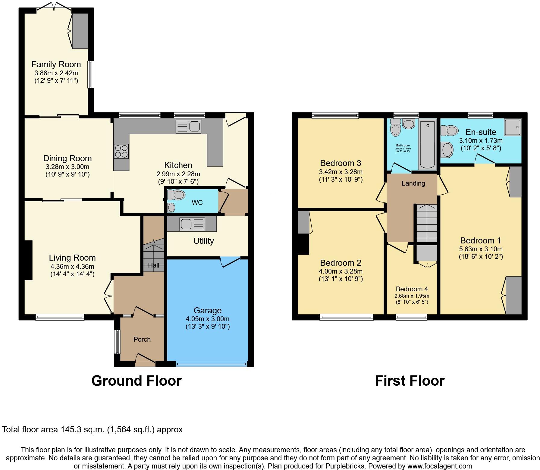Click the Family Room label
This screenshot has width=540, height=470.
[56, 64]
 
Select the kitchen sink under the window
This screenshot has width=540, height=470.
[188, 127]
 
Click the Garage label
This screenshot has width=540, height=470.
[207, 310]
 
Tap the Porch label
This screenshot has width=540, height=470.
[142, 339]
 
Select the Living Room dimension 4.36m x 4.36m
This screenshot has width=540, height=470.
[72, 266]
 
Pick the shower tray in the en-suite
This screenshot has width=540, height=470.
[513, 127]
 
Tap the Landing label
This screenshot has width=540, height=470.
[413, 183]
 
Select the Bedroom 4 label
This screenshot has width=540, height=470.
[412, 289]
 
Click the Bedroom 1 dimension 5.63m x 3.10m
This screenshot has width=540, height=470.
[481, 249]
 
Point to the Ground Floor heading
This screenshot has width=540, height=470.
[136, 381]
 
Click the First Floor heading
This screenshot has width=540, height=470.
[410, 381]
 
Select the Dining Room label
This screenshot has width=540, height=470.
[67, 158]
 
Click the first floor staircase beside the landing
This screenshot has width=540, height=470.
[427, 223]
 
